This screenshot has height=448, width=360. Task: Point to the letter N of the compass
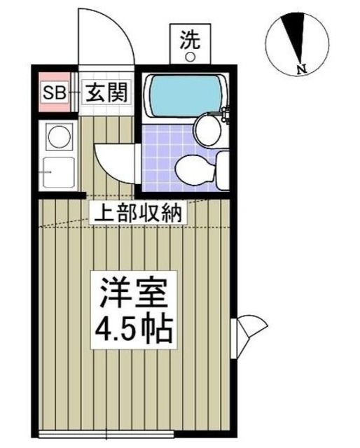300,69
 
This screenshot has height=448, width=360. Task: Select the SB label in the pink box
53,92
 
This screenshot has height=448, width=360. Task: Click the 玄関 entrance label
106,92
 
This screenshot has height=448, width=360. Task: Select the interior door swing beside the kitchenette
112,160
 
